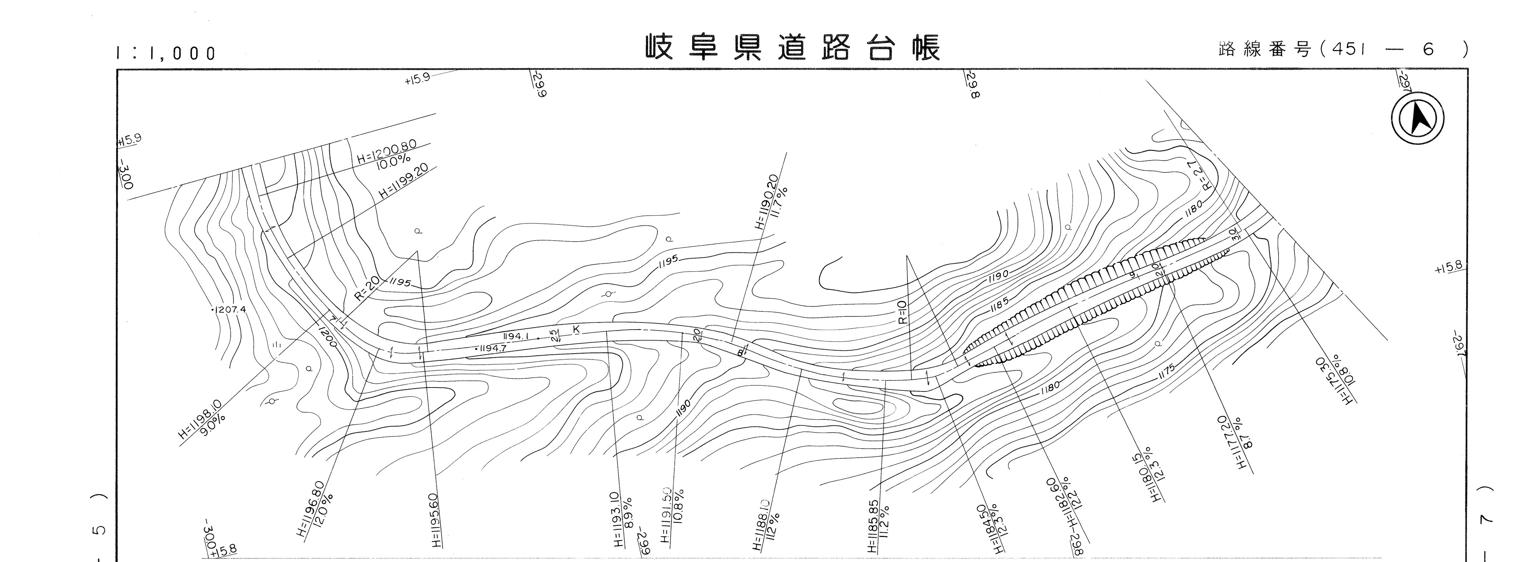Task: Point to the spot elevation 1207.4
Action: pos(228,310)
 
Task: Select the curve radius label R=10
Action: pos(902,312)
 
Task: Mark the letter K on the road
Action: pos(576,329)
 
